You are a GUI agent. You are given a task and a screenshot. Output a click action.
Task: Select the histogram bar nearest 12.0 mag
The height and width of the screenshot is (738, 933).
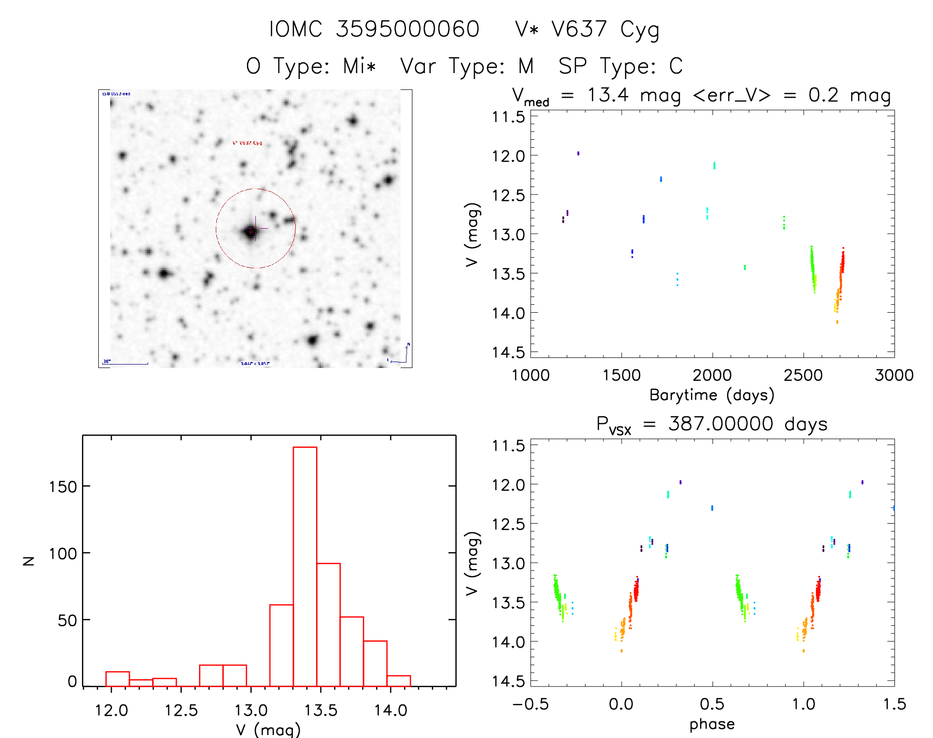pos(118,679)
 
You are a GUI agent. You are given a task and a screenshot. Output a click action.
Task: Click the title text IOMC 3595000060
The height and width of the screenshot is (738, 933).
pos(374,29)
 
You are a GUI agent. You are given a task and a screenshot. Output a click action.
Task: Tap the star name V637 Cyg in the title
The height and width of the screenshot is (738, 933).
pos(605,30)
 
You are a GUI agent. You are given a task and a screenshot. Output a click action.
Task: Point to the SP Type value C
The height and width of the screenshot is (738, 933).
pos(676,66)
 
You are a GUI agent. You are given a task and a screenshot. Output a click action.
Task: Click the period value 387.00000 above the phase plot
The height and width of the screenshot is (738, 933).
pos(721,424)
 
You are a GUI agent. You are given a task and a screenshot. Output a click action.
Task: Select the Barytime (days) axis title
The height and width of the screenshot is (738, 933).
pos(712,395)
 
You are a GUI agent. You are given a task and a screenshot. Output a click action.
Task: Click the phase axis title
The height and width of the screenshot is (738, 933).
pos(712,724)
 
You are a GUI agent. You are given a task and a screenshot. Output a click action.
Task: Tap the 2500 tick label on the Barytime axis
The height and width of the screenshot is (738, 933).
pos(803,375)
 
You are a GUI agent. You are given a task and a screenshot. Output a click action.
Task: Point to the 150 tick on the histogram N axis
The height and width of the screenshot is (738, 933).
pos(63,487)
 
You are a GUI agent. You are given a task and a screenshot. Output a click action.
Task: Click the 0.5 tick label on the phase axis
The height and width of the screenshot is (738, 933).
pos(712,704)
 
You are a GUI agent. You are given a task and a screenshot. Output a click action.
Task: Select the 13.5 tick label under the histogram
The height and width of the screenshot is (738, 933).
pos(321,711)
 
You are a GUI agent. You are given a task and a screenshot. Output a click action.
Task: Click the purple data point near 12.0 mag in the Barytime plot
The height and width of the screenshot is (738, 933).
pos(578,153)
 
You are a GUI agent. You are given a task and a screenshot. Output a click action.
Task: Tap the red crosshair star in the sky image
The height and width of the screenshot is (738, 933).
pos(251,231)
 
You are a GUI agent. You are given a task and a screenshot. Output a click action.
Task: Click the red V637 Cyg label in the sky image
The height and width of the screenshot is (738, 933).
pos(247,143)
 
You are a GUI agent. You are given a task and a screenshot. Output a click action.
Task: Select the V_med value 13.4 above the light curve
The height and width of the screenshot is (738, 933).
pos(608,95)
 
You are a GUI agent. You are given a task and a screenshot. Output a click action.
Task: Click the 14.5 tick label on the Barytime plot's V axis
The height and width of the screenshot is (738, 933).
pos(508,352)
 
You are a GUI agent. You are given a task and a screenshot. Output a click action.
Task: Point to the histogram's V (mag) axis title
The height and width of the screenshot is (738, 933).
pos(268,730)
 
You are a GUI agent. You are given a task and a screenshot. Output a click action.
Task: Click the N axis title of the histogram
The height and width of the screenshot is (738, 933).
pos(29,561)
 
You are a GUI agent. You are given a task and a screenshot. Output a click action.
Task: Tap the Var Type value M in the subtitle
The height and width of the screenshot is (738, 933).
pos(526,66)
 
